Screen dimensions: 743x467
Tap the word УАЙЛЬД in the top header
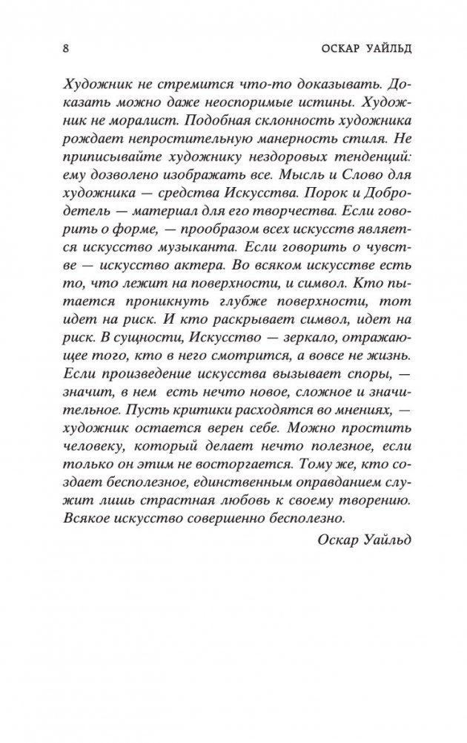(x=382, y=50)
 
